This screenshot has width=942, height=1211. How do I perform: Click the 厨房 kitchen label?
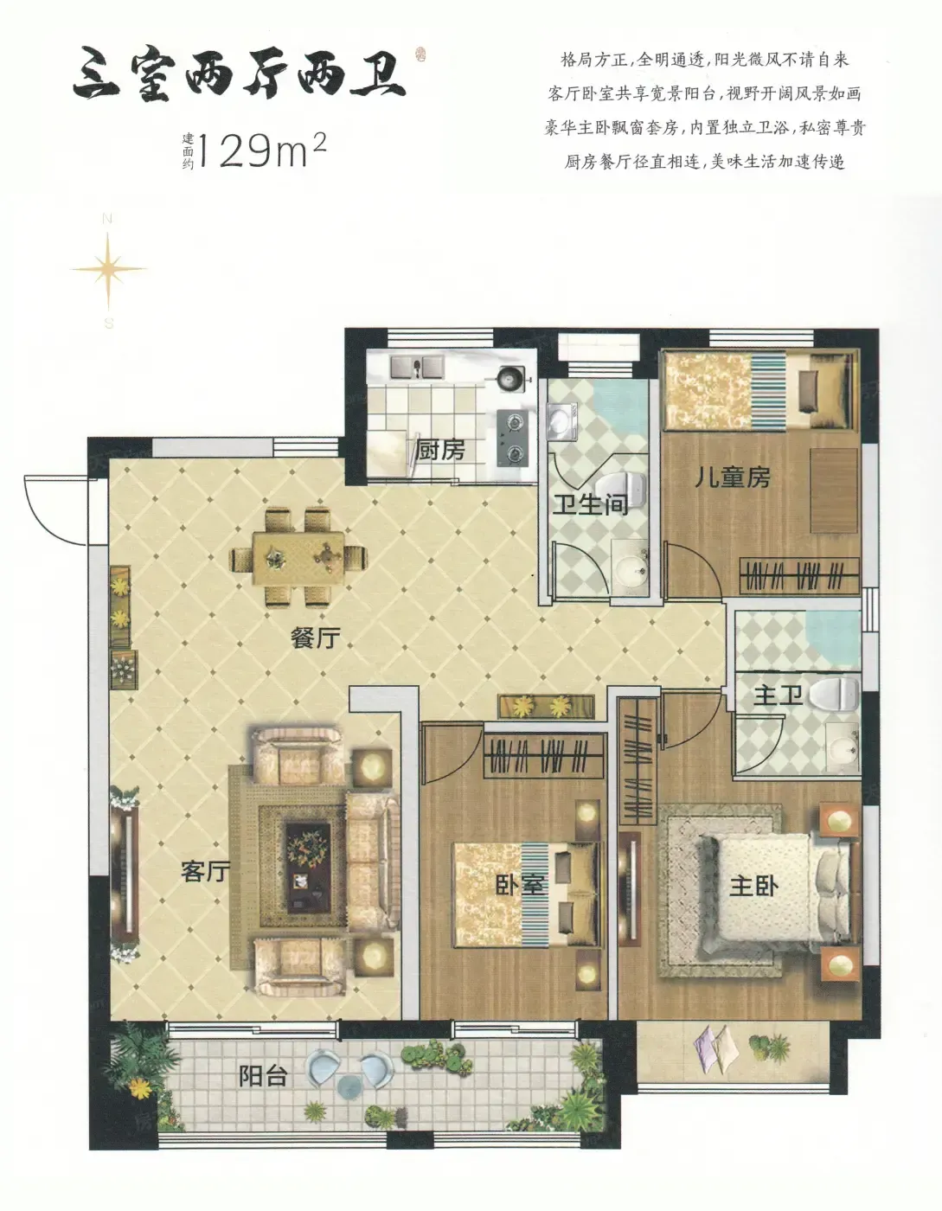[x=440, y=451]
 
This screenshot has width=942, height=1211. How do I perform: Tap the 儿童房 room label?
[x=732, y=477]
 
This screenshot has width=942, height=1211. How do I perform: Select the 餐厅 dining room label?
[x=316, y=638]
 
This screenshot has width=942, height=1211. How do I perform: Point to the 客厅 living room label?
[x=206, y=871]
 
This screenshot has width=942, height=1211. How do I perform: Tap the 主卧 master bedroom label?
[x=754, y=886]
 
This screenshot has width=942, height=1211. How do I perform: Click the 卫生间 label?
[x=591, y=504]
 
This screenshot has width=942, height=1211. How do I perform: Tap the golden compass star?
[x=109, y=269]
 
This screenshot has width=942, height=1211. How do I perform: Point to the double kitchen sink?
[x=417, y=366]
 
